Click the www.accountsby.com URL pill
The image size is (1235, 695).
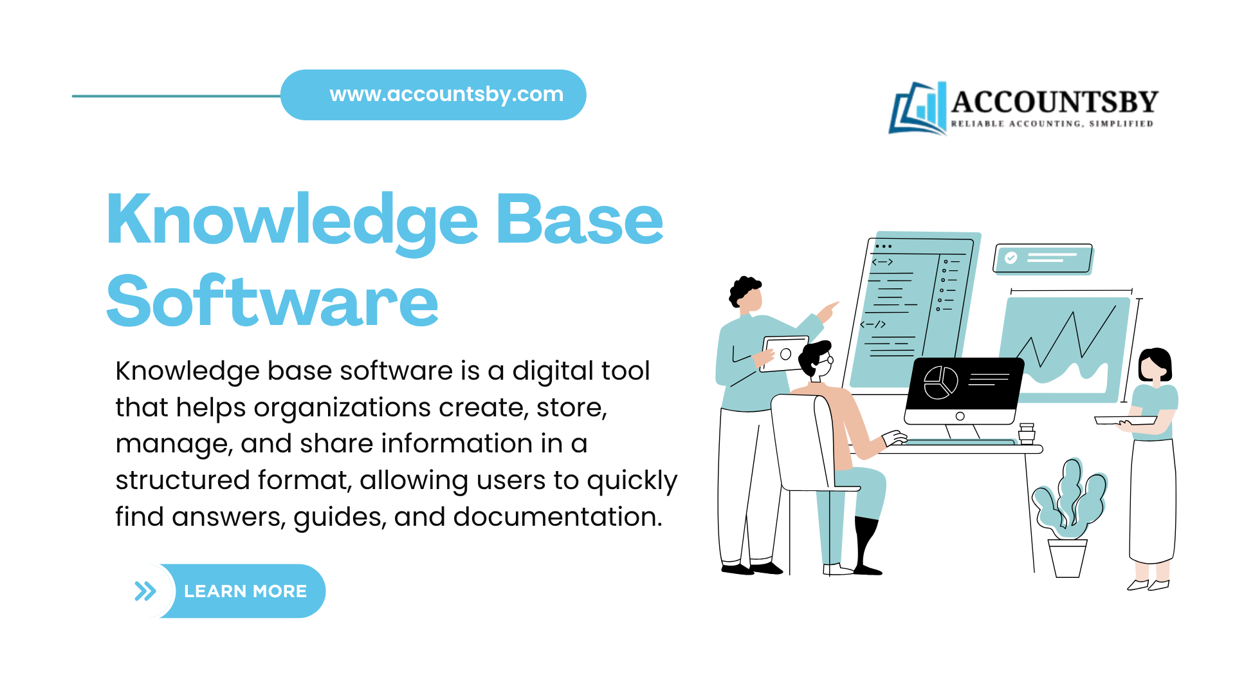pyautogui.click(x=446, y=95)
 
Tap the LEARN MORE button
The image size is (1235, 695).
pyautogui.click(x=245, y=591)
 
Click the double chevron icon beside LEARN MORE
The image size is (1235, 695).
pyautogui.click(x=145, y=591)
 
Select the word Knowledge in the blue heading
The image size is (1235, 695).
pyautogui.click(x=292, y=221)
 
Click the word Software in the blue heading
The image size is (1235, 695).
pyautogui.click(x=272, y=301)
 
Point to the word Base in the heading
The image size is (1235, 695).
pyautogui.click(x=579, y=221)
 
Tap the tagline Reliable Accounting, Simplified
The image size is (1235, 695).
pyautogui.click(x=1052, y=124)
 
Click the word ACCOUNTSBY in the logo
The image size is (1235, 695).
pyautogui.click(x=1054, y=102)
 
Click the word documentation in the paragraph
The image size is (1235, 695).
pyautogui.click(x=557, y=517)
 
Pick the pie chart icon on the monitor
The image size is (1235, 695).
pyautogui.click(x=940, y=382)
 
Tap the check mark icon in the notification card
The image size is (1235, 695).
pyautogui.click(x=1011, y=258)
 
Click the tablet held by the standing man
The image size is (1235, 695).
pyautogui.click(x=785, y=353)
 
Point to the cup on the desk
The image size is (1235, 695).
pyautogui.click(x=1027, y=434)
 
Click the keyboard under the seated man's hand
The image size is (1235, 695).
pyautogui.click(x=958, y=442)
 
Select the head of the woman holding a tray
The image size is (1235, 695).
pyautogui.click(x=1154, y=366)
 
